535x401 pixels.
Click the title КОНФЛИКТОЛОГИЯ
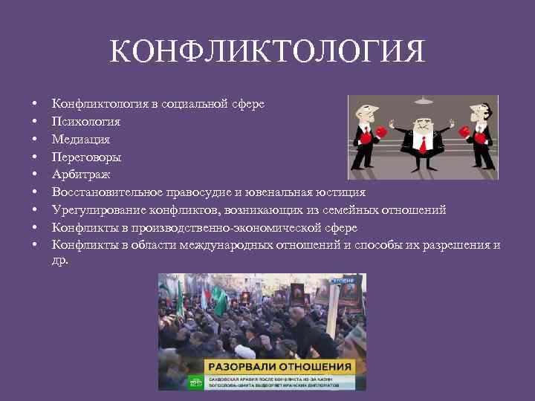tap(267, 53)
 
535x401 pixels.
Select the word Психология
tap(86, 121)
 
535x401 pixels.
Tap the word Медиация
tap(81, 139)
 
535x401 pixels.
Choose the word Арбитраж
tap(81, 174)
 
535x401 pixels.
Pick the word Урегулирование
tap(98, 209)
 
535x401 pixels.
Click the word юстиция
tap(340, 192)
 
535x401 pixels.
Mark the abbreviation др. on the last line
tap(59, 261)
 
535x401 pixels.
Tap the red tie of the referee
tap(422, 143)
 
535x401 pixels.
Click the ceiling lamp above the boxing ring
tap(423, 100)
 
